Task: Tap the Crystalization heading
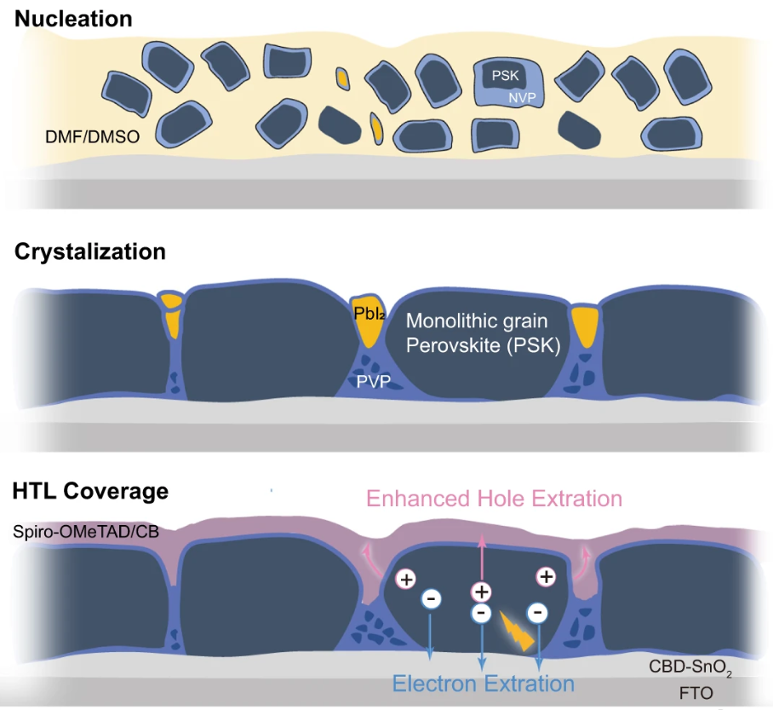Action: pos(89,252)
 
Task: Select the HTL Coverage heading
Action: pos(90,492)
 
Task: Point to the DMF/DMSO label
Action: pos(91,136)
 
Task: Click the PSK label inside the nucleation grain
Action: pos(505,76)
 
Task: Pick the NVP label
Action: pos(522,98)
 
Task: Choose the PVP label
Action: pos(373,382)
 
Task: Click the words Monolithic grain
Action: pos(477,322)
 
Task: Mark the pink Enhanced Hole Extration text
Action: pos(494,498)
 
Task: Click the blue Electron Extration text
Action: pos(483,683)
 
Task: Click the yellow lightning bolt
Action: pos(517,630)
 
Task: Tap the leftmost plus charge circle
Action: pos(407,580)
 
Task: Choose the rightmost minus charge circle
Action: pos(537,611)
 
